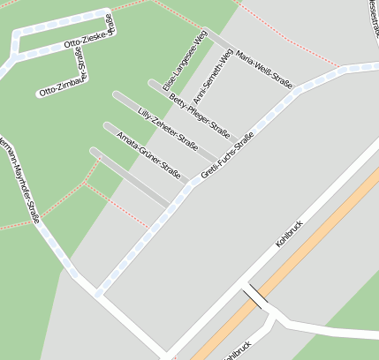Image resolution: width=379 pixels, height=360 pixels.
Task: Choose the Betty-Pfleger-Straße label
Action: [199, 116]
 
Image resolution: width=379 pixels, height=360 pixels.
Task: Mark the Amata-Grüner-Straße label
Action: [148, 156]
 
